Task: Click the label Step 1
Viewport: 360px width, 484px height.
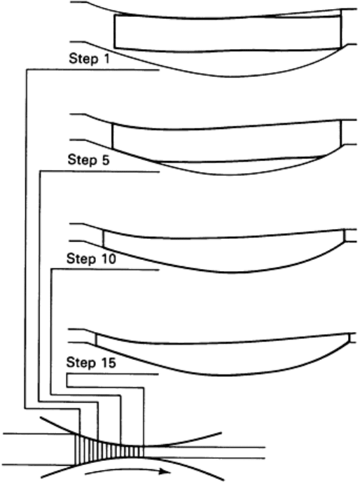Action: click(x=89, y=59)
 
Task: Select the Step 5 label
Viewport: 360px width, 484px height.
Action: click(x=89, y=160)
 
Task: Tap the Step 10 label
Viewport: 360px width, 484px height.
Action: click(x=91, y=258)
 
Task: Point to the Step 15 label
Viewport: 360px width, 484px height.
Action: click(x=91, y=362)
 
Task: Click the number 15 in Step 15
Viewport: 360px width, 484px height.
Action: click(x=108, y=362)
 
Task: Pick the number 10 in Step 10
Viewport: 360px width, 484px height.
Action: click(x=108, y=258)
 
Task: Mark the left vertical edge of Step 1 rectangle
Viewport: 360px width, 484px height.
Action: click(x=115, y=32)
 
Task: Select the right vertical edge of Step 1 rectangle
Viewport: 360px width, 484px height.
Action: click(x=341, y=29)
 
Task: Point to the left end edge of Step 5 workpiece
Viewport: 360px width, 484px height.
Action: click(x=112, y=136)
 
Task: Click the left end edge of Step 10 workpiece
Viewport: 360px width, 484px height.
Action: click(x=104, y=238)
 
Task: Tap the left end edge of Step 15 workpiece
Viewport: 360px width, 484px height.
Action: click(x=96, y=340)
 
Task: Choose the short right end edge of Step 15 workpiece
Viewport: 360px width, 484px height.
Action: click(x=349, y=338)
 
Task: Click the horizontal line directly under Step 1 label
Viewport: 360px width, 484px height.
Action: click(x=93, y=70)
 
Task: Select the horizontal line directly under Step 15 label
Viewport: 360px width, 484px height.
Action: click(x=113, y=375)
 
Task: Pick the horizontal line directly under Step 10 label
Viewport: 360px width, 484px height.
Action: click(x=105, y=270)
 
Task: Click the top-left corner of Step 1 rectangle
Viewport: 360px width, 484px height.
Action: click(x=115, y=15)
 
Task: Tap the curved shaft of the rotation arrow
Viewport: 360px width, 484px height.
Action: click(x=123, y=470)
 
